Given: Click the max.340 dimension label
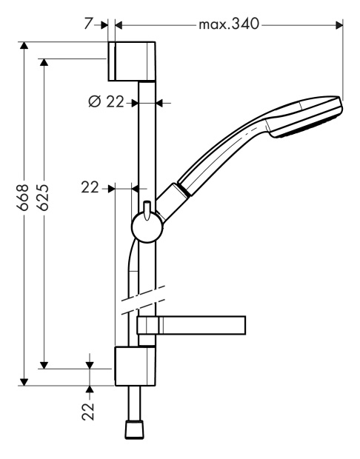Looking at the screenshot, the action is pyautogui.click(x=229, y=24).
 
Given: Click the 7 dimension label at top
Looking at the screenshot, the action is pyautogui.click(x=88, y=24).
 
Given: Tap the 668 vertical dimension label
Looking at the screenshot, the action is pyautogui.click(x=23, y=198).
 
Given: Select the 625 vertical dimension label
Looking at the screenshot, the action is pyautogui.click(x=43, y=198).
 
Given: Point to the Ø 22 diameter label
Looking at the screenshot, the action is pyautogui.click(x=106, y=101).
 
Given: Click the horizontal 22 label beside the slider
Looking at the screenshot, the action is pyautogui.click(x=90, y=187).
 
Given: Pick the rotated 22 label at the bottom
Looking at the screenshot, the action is pyautogui.click(x=88, y=412).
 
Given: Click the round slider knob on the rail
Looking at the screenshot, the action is pyautogui.click(x=147, y=228).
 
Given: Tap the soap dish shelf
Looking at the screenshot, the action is pyautogui.click(x=191, y=325).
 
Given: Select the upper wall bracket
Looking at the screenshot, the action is pyautogui.click(x=132, y=61).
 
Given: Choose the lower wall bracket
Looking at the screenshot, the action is pyautogui.click(x=135, y=366).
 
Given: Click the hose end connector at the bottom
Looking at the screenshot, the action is pyautogui.click(x=135, y=430).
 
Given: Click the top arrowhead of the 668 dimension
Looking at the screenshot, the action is pyautogui.click(x=24, y=45).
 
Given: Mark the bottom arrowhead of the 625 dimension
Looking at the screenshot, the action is pyautogui.click(x=44, y=365).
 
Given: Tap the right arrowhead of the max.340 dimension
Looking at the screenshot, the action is pyautogui.click(x=339, y=25).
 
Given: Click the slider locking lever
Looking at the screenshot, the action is pyautogui.click(x=147, y=210).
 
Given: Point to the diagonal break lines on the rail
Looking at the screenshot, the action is pyautogui.click(x=143, y=301).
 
